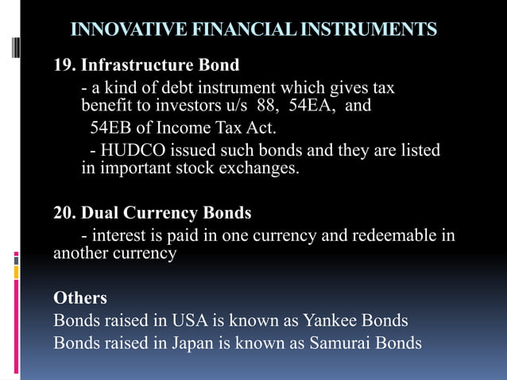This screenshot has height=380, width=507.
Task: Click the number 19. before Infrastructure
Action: tap(65, 64)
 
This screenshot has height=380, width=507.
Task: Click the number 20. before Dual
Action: tap(65, 213)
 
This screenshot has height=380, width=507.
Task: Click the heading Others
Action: tap(79, 298)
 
